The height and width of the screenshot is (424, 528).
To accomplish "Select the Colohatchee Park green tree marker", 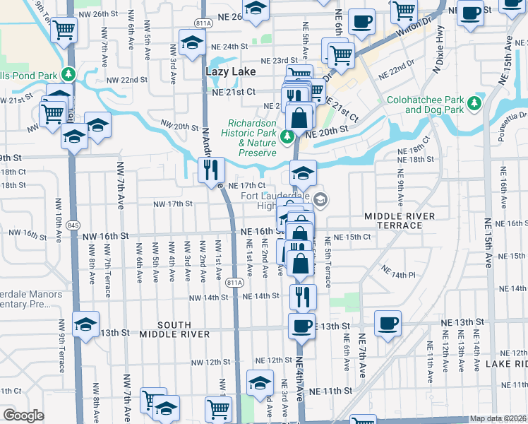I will [475, 104].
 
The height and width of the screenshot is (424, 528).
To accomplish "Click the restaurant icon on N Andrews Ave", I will [211, 170].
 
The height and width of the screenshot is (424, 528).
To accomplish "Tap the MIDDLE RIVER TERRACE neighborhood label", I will [393, 220].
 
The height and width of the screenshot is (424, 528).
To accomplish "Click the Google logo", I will [23, 416].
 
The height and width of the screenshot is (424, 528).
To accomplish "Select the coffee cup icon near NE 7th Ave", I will [387, 322].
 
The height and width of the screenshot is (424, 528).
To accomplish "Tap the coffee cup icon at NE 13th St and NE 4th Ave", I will [301, 325].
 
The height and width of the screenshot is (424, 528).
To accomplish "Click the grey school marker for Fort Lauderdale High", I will [320, 200].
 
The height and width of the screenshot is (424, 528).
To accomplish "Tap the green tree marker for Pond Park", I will [68, 73].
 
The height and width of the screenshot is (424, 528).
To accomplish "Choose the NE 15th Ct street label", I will [352, 237].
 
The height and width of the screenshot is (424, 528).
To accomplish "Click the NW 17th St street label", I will [174, 204].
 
